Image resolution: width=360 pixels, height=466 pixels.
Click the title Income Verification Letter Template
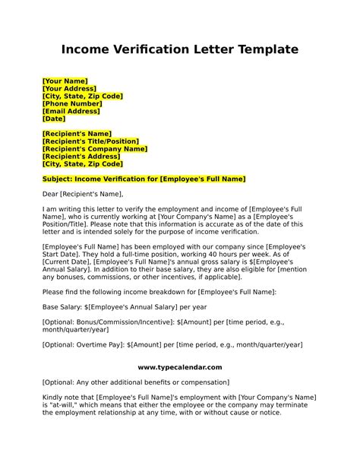coord(179,50)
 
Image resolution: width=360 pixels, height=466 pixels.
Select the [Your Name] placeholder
coord(65,81)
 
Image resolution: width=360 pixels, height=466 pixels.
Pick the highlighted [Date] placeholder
coord(54,119)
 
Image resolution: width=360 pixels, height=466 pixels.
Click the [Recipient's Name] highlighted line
coord(77,133)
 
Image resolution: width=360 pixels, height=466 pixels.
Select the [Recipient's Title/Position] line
coord(90,141)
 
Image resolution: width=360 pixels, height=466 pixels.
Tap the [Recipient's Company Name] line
coord(95,148)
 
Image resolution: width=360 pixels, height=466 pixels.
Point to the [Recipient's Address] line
coord(82,156)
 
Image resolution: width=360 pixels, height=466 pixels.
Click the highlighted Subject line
coord(144,179)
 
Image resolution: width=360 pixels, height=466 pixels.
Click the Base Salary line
coord(113,306)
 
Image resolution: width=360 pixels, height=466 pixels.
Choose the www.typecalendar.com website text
coord(180,367)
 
